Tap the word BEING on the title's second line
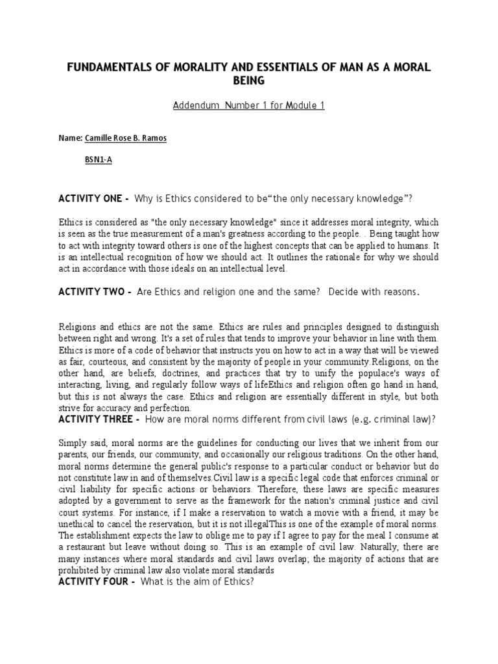pos(249,81)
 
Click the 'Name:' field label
pos(71,139)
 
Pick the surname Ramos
pos(152,139)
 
